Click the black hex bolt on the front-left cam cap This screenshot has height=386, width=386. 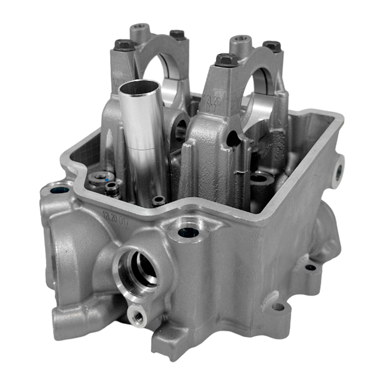tap(124, 45)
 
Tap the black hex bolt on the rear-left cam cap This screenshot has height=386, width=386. tap(177, 34)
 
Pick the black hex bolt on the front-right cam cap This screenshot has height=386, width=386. tap(226, 60)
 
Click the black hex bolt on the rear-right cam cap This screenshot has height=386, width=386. tap(272, 46)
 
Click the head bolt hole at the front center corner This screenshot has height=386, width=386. tap(188, 233)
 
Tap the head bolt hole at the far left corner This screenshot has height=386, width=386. tap(60, 190)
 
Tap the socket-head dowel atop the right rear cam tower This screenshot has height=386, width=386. tap(240, 40)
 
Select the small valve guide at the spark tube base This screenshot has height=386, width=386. tap(159, 201)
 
